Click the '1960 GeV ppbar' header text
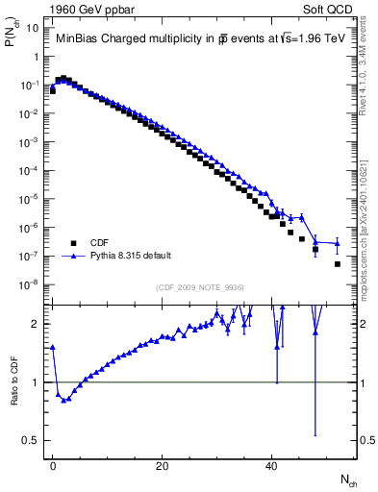(88, 9)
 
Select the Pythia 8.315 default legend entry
(131, 256)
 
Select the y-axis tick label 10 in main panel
(33, 28)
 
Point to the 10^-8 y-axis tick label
(30, 284)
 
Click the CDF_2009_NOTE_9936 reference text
(201, 287)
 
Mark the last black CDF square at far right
(338, 263)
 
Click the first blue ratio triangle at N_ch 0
(53, 347)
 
